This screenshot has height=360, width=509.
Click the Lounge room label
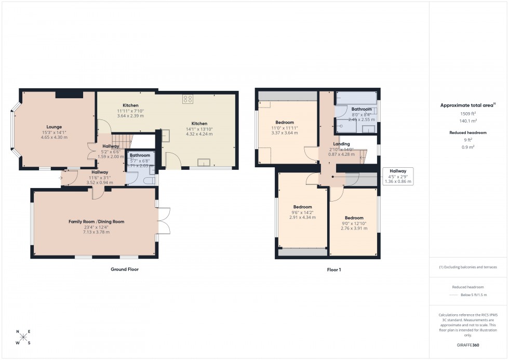point(54,126)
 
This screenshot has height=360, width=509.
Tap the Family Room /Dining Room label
point(96,222)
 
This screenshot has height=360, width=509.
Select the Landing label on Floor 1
point(341,144)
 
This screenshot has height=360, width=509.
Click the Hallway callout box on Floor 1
point(398,177)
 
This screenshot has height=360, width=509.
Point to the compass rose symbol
point(23,337)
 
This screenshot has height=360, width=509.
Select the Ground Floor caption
point(125,270)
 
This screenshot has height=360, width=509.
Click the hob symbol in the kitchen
point(187,98)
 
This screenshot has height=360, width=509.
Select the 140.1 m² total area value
point(468,120)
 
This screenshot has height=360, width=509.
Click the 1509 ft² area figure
point(468,113)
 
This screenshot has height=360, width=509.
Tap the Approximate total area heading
point(467,105)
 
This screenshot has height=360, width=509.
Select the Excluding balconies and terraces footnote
point(468,267)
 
